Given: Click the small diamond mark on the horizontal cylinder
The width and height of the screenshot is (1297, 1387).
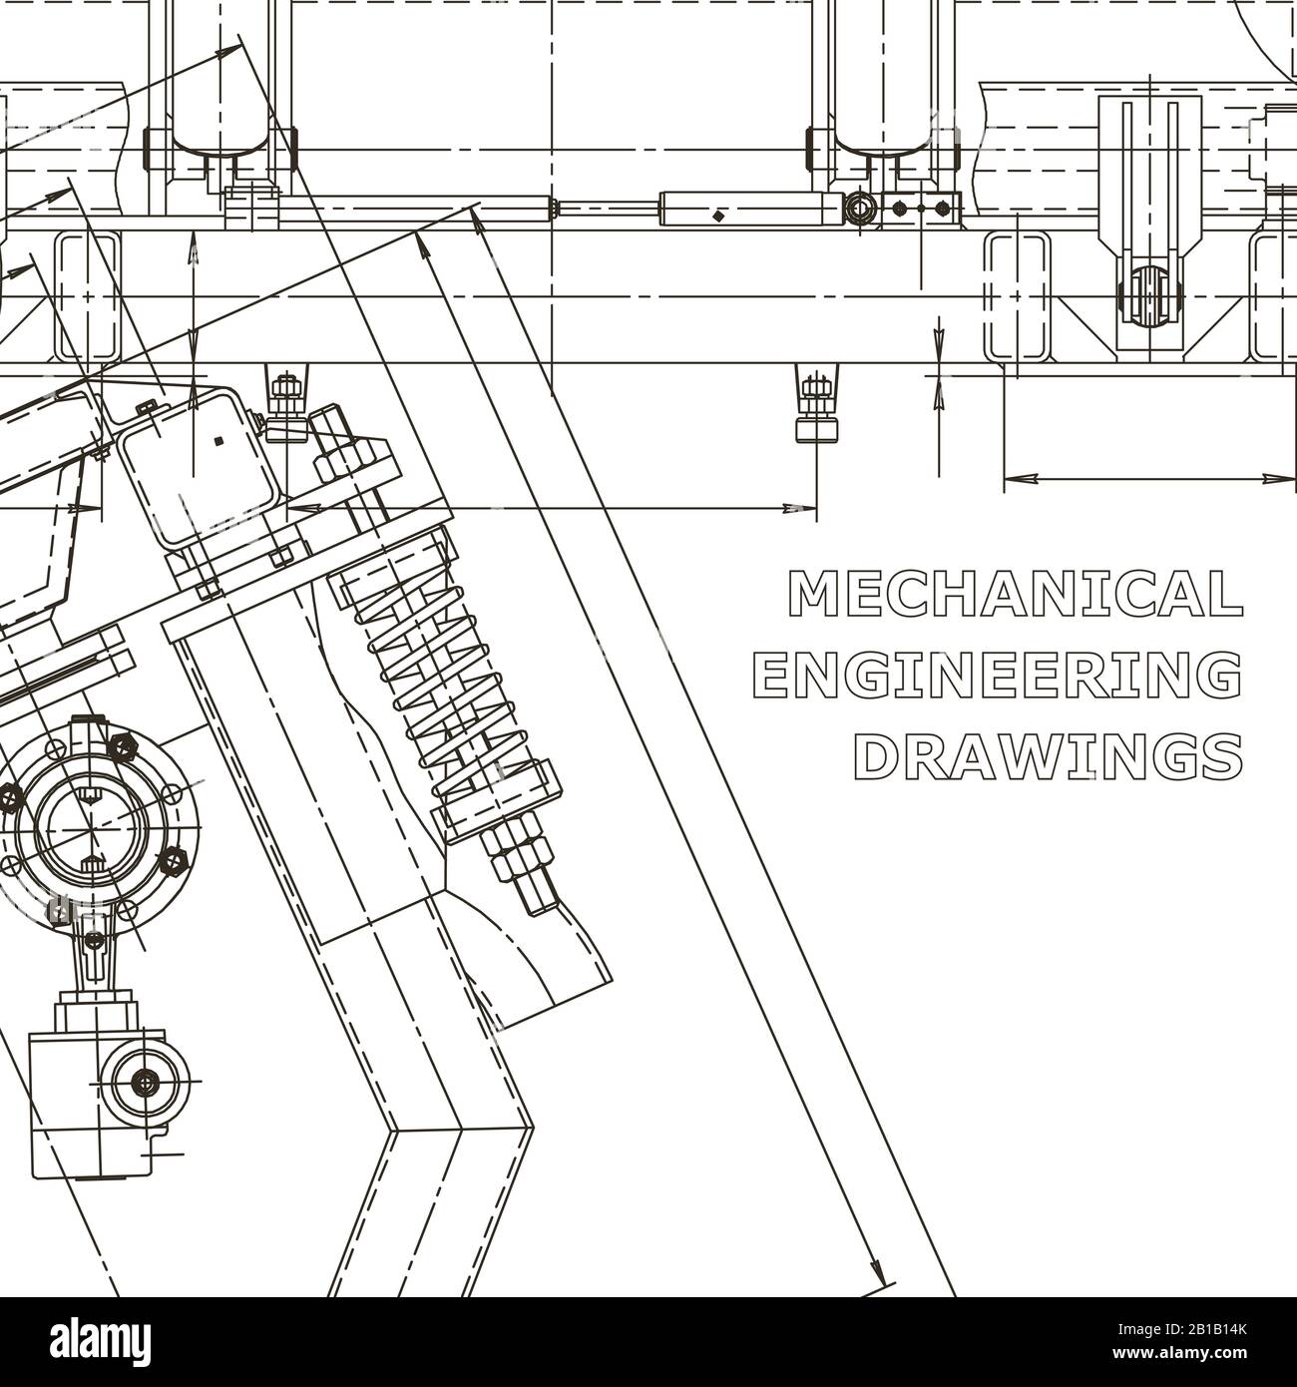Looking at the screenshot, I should click(x=717, y=214).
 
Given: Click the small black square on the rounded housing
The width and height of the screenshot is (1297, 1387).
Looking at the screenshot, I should click(x=218, y=439).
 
